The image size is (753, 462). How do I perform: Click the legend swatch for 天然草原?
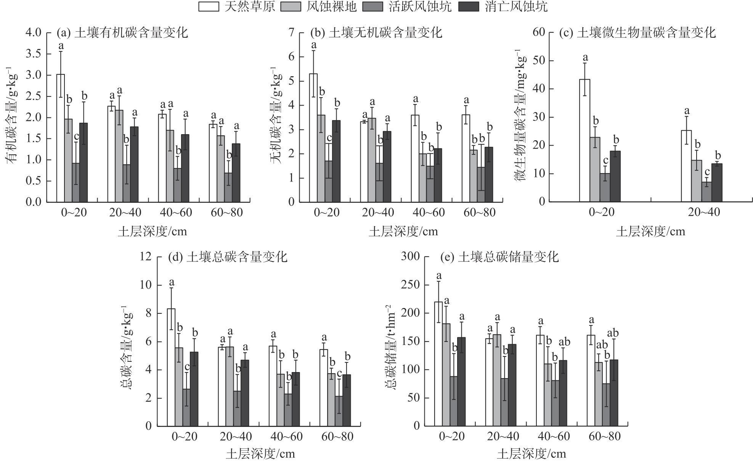coord(209,7)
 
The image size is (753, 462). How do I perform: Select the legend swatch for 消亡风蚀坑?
coord(469,7)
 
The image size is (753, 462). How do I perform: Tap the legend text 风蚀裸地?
coord(331,7)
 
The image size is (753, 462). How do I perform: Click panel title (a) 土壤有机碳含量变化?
coord(122,33)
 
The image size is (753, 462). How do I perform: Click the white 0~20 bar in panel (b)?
coord(313,138)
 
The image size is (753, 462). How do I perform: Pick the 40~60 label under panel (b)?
coord(429,213)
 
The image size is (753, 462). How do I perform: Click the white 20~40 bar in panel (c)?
coord(686,166)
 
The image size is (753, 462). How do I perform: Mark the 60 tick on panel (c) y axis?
coord(539,32)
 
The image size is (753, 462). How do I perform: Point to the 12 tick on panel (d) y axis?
coord(146,256)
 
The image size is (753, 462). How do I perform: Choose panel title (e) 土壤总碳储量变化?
coord(499,257)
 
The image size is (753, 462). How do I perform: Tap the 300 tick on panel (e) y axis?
coord(410,256)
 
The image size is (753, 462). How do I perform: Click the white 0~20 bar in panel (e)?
coord(438,364)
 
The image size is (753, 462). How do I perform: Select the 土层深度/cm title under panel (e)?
coord(531,454)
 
